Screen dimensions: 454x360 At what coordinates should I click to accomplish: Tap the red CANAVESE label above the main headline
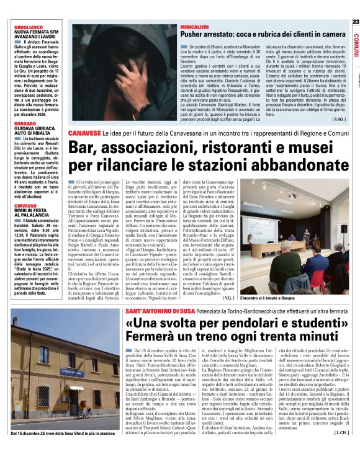(x=84, y=133)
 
